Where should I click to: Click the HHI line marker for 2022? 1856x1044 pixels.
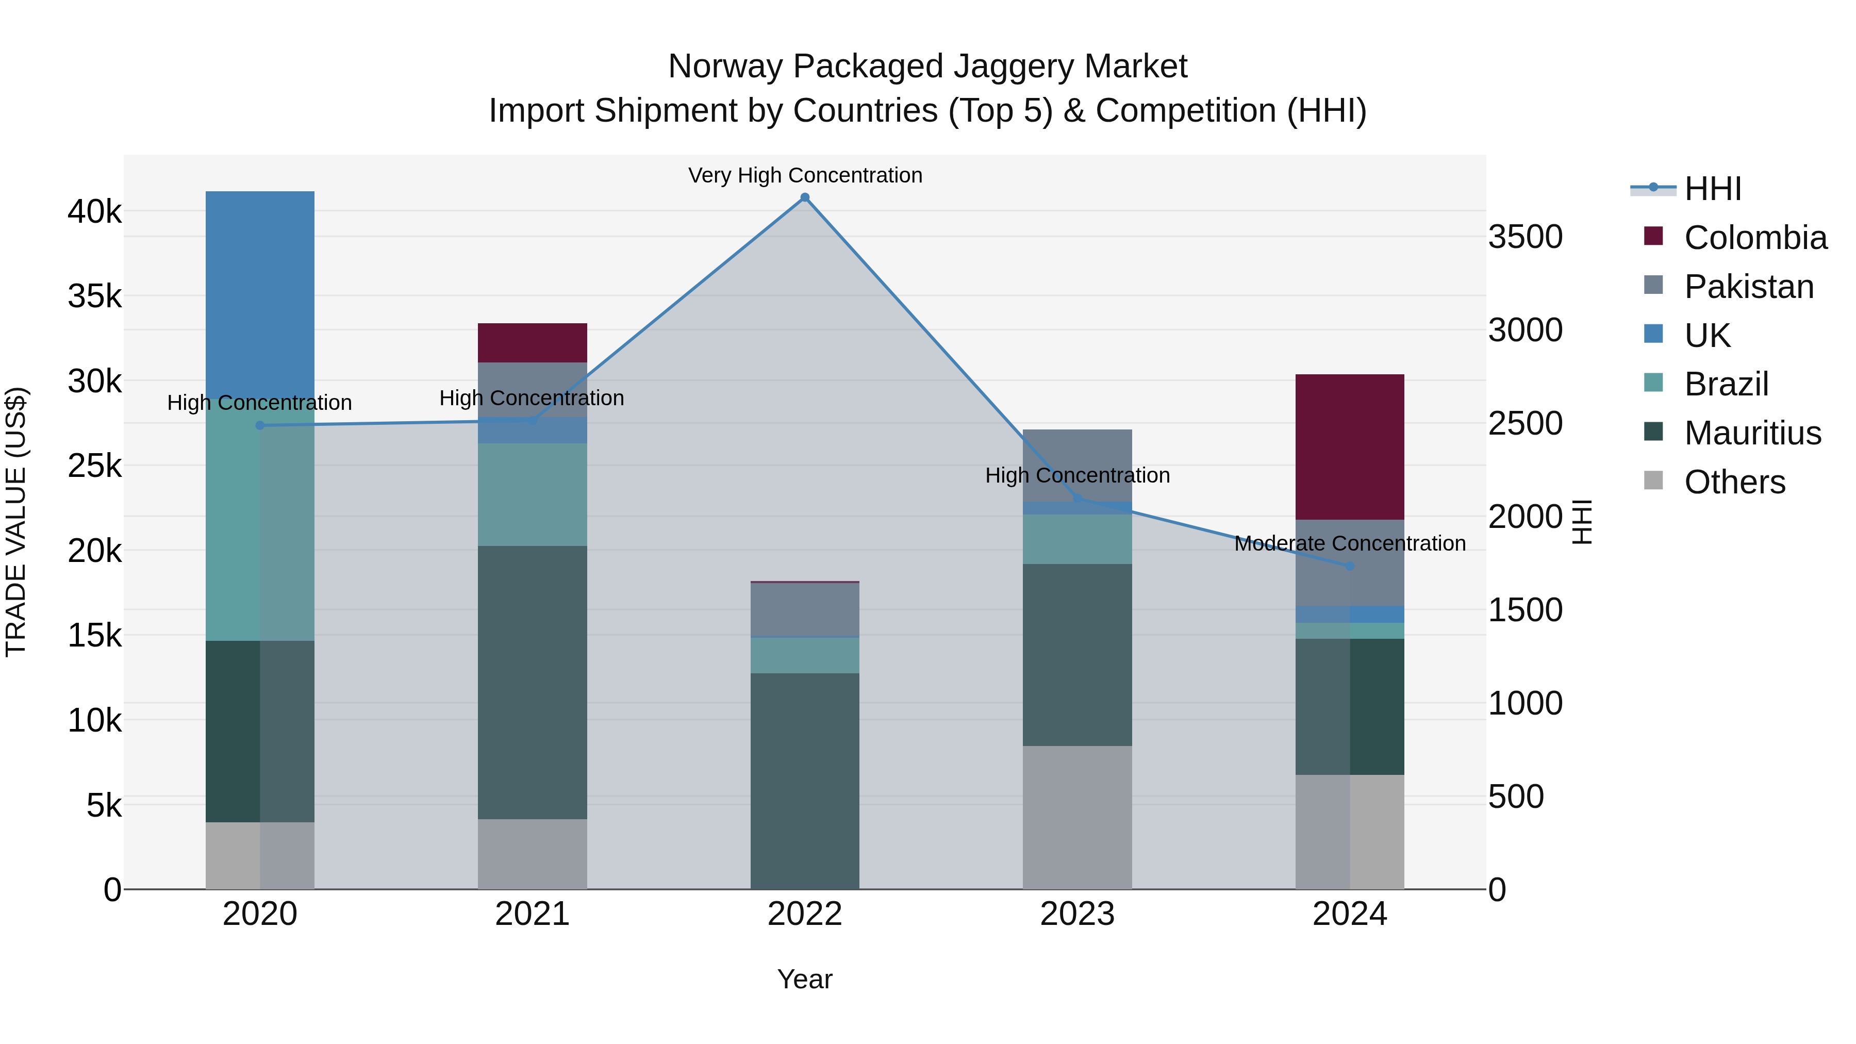point(805,197)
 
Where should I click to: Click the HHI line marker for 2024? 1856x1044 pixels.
point(1350,566)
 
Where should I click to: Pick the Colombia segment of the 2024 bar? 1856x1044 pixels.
point(1350,446)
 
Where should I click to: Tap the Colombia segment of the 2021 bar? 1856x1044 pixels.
point(533,343)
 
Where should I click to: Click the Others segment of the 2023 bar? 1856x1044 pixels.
point(1077,818)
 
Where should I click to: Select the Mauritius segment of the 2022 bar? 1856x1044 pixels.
point(805,781)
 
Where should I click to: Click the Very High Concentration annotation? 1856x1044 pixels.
point(805,176)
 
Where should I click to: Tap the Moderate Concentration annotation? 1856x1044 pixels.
point(1350,543)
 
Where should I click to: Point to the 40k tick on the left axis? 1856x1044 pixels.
point(94,212)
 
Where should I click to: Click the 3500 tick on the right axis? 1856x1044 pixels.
point(1526,237)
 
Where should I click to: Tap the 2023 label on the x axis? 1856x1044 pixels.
point(1077,914)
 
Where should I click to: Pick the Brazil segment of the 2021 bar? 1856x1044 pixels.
point(533,494)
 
